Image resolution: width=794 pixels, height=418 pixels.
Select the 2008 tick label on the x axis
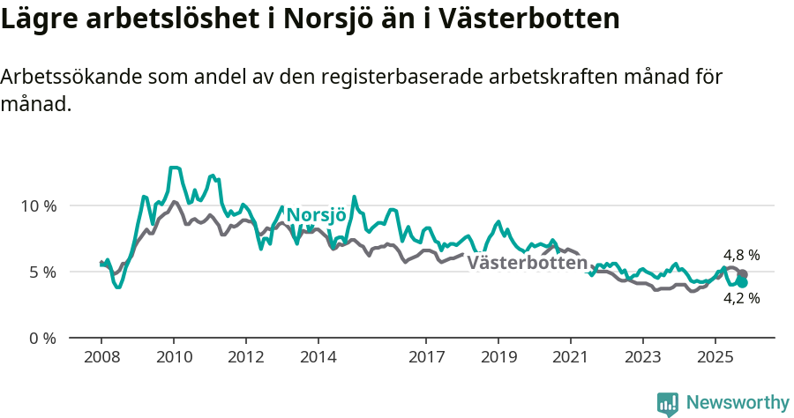tap(101, 358)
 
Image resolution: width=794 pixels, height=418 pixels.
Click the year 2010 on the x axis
tap(173, 358)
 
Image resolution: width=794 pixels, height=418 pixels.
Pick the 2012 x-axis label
tap(245, 358)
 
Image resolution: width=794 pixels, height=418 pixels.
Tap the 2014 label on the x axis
tap(318, 358)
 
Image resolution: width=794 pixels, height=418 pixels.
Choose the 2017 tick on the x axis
tap(426, 358)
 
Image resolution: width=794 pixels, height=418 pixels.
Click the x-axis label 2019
tap(498, 358)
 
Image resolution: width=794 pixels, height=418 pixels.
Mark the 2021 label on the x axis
tap(571, 358)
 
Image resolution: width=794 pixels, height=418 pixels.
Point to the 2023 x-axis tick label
tap(642, 358)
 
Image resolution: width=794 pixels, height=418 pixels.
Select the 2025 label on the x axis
tap(715, 358)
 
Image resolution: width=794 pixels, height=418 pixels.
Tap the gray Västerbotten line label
tap(527, 263)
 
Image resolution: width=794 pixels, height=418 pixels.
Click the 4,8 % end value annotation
tap(741, 256)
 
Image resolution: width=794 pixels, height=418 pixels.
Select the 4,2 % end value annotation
tap(741, 298)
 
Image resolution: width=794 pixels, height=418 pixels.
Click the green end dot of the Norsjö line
tap(742, 283)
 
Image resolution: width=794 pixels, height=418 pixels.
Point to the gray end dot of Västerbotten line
tap(743, 274)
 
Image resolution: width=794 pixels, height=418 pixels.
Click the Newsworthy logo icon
tap(668, 404)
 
